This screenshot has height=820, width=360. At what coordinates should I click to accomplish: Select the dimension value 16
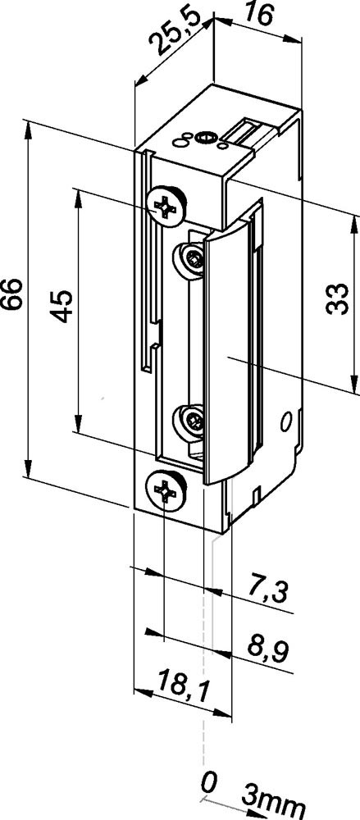tap(258, 15)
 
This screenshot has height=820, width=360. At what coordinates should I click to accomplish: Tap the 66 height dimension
tap(13, 294)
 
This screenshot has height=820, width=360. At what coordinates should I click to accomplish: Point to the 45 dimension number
tap(61, 306)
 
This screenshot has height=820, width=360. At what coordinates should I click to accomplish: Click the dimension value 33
tap(337, 298)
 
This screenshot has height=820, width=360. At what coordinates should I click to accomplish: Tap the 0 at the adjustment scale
tap(209, 784)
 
